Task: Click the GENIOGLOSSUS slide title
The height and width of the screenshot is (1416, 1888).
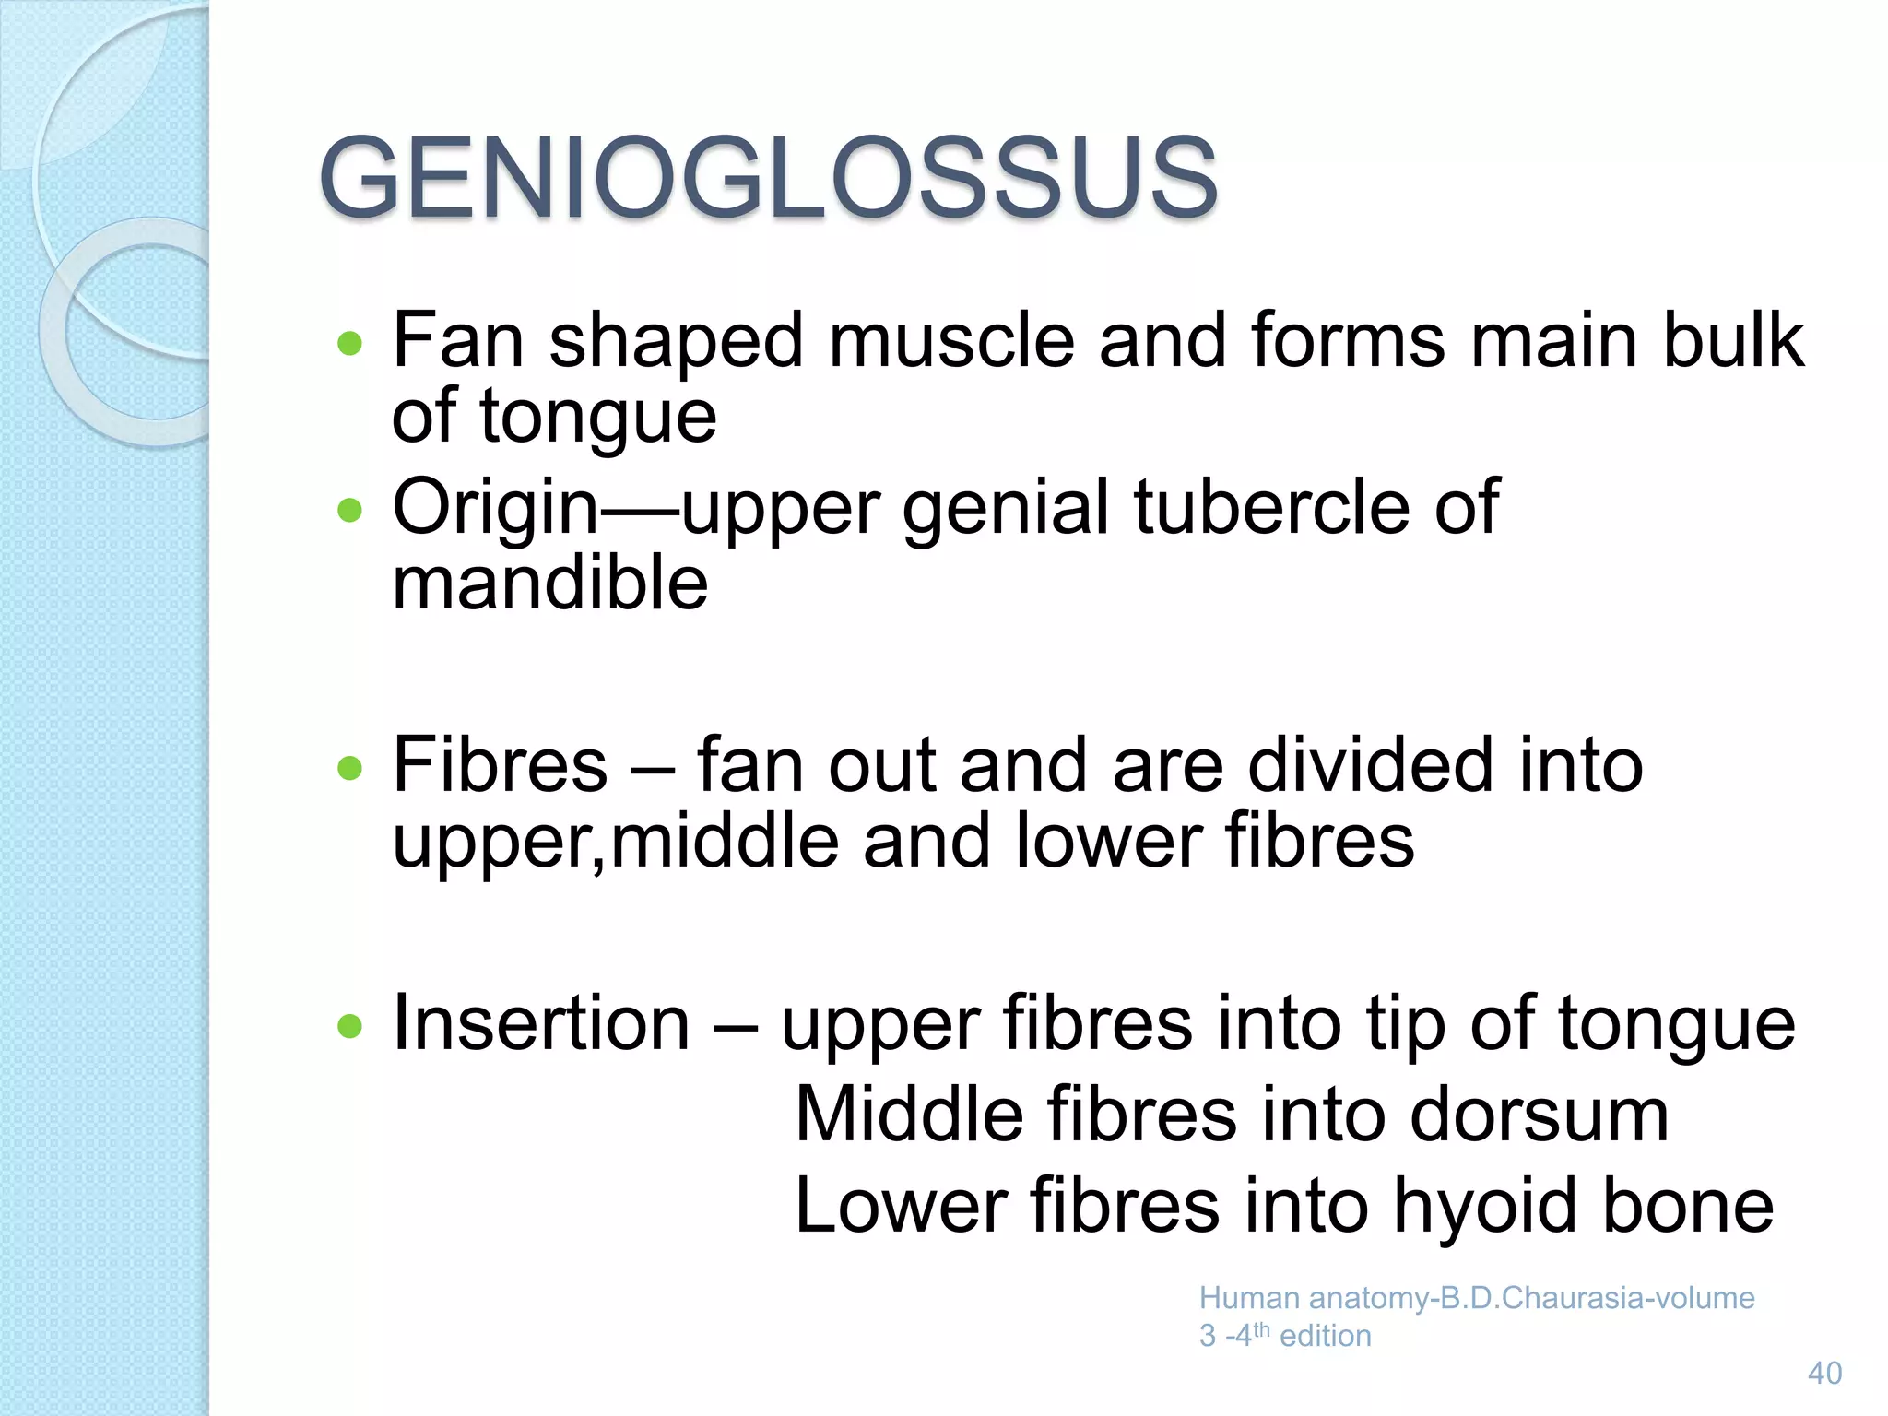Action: click(x=768, y=177)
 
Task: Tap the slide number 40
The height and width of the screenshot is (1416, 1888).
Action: click(x=1824, y=1374)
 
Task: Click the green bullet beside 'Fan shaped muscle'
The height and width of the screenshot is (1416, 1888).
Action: click(x=350, y=344)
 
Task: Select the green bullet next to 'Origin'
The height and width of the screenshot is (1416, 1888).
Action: click(x=350, y=510)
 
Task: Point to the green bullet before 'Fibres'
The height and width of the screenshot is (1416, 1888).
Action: click(x=350, y=768)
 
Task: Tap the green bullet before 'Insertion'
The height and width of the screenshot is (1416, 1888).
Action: click(x=350, y=1026)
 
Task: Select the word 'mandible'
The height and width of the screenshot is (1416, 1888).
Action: click(x=550, y=584)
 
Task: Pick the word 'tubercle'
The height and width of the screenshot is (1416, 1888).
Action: click(x=1271, y=507)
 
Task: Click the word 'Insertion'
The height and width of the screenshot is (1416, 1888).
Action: click(x=541, y=1023)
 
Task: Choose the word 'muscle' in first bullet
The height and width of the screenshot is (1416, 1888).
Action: click(x=951, y=341)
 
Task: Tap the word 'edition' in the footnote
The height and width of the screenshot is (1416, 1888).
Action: click(x=1326, y=1336)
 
